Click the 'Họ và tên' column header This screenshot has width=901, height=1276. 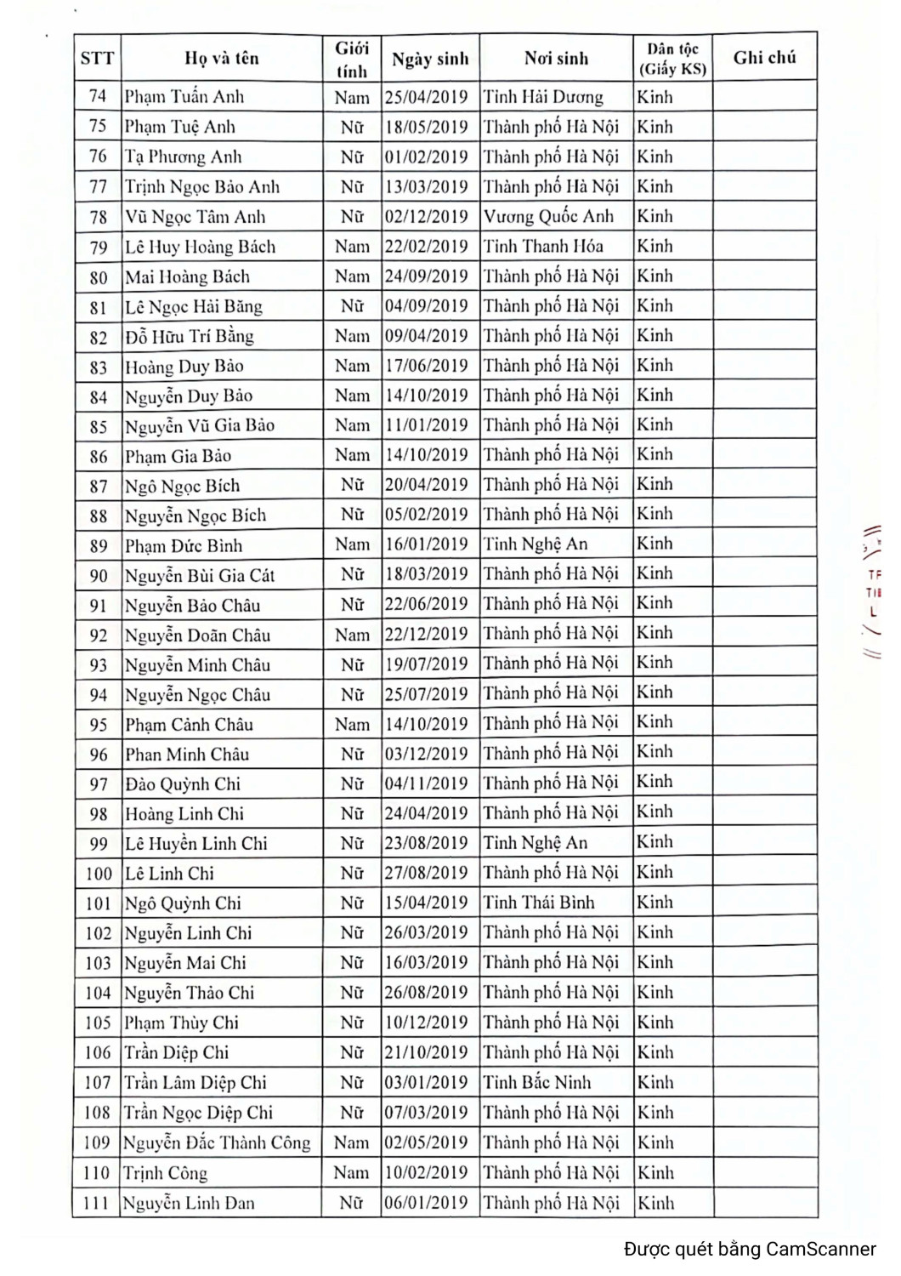[221, 59]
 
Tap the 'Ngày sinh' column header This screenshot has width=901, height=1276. [429, 59]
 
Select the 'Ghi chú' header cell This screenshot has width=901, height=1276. [764, 58]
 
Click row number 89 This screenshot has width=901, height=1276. [98, 545]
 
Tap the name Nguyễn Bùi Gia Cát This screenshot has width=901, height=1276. [200, 575]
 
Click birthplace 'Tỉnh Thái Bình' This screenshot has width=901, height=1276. [539, 903]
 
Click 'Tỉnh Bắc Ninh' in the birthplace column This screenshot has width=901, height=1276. [536, 1082]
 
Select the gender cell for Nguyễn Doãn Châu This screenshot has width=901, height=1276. [352, 635]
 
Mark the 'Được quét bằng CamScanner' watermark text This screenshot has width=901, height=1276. [750, 1249]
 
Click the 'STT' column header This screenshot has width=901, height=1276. [97, 59]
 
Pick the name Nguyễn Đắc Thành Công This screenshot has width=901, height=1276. [217, 1142]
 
